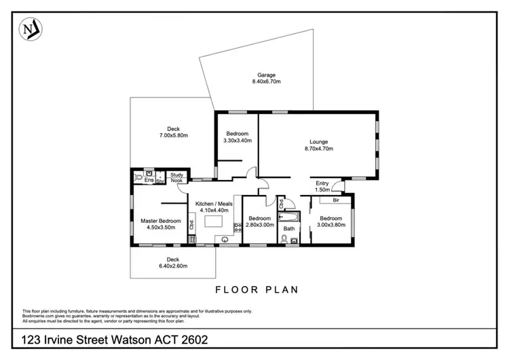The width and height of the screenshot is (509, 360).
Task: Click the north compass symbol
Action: click(x=31, y=29)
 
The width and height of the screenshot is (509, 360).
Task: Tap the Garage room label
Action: click(x=266, y=75)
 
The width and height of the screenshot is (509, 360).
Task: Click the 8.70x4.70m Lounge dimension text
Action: click(x=319, y=149)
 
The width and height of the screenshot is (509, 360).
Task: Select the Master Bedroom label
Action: click(x=161, y=221)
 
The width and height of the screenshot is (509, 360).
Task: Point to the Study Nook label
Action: click(x=177, y=177)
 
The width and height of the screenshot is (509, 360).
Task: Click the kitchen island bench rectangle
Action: click(x=213, y=221)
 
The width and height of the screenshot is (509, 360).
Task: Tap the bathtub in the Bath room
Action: click(x=288, y=217)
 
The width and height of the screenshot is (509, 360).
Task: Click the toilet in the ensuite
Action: click(x=138, y=177)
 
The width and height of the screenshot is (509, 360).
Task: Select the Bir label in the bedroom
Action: click(x=336, y=200)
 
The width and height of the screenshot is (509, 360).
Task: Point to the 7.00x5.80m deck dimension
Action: click(x=173, y=135)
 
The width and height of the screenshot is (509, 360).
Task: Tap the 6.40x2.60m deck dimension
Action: click(x=173, y=266)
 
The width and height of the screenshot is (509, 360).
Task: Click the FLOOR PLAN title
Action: click(x=257, y=290)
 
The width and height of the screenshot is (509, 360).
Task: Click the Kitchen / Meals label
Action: click(x=214, y=204)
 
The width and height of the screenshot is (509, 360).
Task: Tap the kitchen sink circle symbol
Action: click(x=225, y=240)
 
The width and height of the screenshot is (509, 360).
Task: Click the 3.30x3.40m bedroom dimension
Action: click(x=238, y=141)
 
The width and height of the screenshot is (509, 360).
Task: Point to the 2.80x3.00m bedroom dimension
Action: click(x=260, y=225)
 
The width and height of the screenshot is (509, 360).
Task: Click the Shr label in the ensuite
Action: click(x=160, y=181)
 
